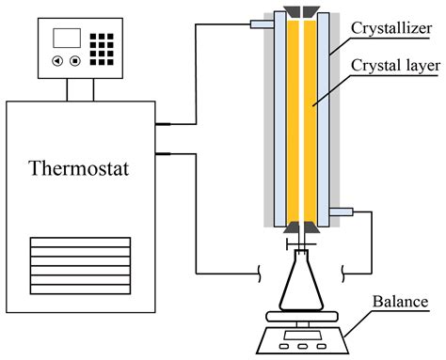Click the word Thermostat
pos(80,171)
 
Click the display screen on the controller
pos(67,39)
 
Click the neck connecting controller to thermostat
pos(80,88)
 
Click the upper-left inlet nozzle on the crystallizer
pos(262,23)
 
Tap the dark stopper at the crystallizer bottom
pos(296,230)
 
